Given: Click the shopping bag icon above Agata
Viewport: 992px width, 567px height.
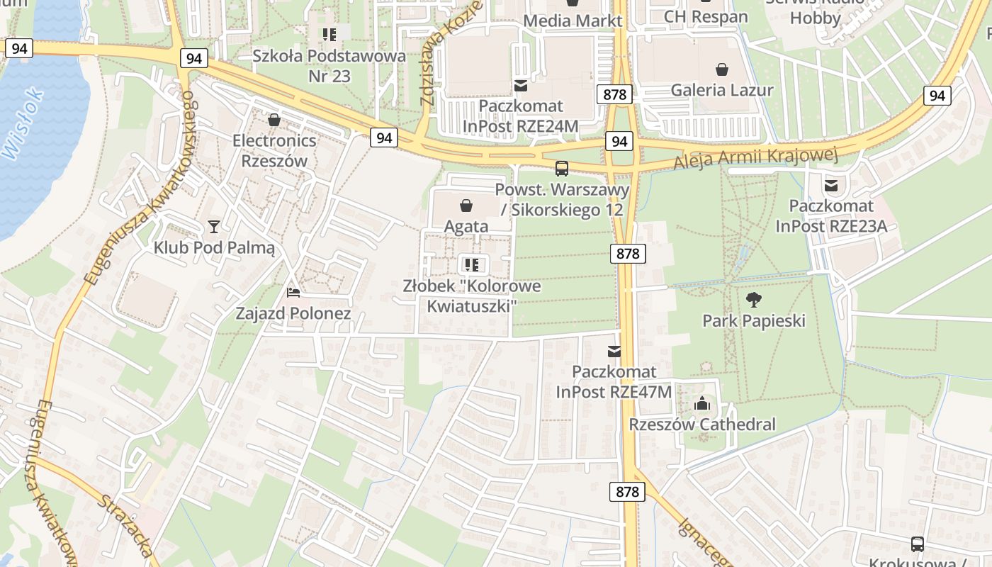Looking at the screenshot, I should pos(466,206).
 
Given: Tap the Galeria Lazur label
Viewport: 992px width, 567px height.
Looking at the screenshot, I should pos(722,90).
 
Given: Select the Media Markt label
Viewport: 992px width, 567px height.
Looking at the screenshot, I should pos(573,21).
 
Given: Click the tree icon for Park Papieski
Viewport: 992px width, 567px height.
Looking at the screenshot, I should pos(754,299).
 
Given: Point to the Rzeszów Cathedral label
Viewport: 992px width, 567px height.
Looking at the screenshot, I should pos(702,425).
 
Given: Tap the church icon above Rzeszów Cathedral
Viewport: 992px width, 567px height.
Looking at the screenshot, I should pos(702,404).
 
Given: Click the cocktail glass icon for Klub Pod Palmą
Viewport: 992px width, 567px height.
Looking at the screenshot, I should pos(214,227).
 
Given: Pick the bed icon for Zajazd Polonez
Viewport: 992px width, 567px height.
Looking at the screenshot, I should pos(293,292).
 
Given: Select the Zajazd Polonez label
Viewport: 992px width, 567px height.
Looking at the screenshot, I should pos(293,313).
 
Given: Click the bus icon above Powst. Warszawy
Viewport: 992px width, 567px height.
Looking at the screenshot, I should pos(562,169).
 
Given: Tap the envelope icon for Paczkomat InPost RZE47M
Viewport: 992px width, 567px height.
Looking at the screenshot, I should pos(614,351).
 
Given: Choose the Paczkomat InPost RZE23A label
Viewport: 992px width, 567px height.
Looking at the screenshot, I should pos(831,216).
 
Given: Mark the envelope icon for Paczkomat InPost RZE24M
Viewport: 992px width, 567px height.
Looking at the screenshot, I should pos(521,86).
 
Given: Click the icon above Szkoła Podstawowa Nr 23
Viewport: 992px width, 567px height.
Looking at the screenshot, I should pos(329,34).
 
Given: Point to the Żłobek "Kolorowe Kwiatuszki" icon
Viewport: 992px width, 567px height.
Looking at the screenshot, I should pos(471,265).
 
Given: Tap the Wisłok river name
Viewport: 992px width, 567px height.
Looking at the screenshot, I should pos(23,124).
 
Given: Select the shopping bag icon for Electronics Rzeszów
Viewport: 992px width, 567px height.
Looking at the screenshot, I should pos(274,120).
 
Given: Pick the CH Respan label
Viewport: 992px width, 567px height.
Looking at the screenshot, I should pos(705,16).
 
